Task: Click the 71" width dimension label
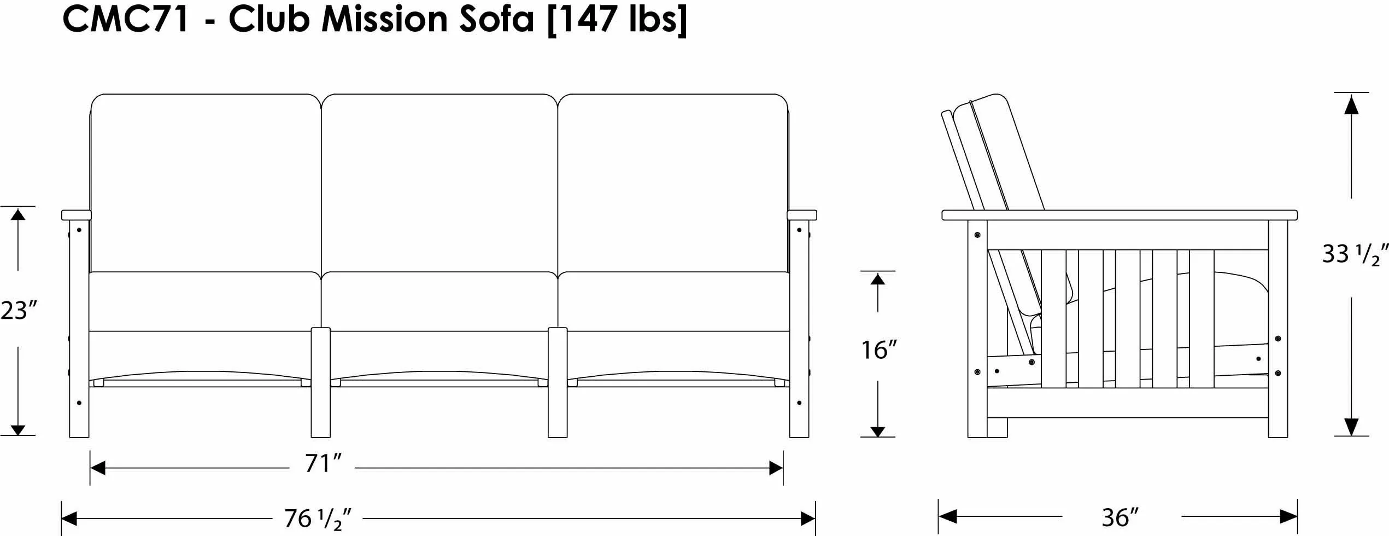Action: [323, 464]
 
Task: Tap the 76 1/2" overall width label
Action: [318, 518]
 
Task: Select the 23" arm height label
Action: [19, 310]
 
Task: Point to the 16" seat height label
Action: [879, 350]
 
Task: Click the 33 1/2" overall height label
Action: [1355, 254]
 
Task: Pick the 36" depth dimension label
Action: [1121, 517]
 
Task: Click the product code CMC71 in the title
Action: [126, 19]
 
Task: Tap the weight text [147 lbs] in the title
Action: [617, 20]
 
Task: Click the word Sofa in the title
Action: [496, 19]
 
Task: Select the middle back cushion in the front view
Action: [439, 183]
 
